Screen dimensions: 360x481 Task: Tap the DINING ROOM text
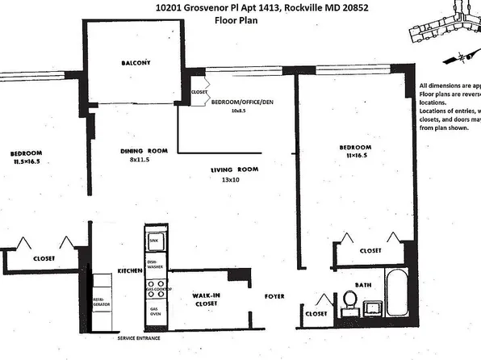143,151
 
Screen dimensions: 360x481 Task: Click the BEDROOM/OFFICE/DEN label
242,103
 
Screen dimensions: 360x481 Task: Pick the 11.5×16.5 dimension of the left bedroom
27,162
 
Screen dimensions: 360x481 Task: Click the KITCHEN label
130,270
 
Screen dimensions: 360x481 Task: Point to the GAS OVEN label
155,310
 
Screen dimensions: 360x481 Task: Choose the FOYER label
275,296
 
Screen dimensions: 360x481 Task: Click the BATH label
362,284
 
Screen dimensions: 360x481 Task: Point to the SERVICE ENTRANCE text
143,337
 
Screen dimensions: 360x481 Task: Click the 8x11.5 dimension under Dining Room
142,160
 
